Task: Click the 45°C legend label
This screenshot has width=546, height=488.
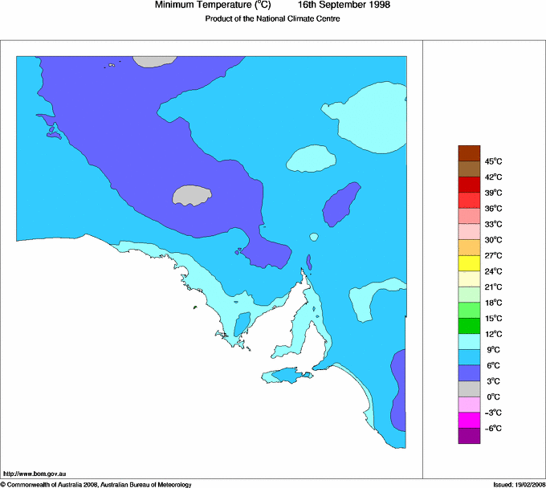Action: coord(493,161)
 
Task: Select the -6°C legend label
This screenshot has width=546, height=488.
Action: coord(493,429)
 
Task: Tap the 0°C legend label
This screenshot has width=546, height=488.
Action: coord(493,397)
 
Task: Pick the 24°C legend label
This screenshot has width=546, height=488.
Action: coord(493,271)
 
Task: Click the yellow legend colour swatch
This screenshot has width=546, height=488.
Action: coord(469,263)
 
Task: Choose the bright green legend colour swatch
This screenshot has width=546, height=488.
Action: coord(469,311)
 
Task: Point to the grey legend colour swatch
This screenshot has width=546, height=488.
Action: coord(469,389)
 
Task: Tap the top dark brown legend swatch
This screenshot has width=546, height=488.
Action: coord(469,152)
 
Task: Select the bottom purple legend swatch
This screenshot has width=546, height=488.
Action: coord(469,436)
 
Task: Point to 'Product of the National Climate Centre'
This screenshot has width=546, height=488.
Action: coord(272,19)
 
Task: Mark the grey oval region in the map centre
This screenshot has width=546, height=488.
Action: coord(193,194)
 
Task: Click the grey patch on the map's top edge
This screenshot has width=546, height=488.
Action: coord(149,60)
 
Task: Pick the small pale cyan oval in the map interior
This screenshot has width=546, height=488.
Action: coord(312,159)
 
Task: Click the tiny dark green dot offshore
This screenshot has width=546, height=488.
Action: coord(195,307)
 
